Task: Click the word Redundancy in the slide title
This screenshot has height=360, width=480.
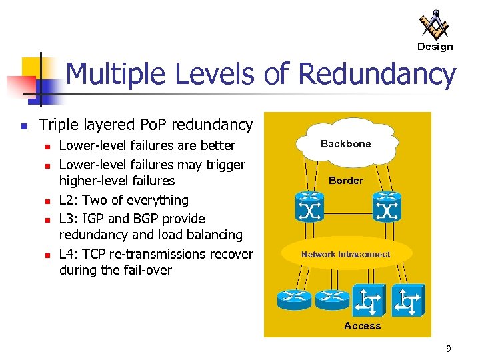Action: pos(377,75)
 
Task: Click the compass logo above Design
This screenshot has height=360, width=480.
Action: pos(434,25)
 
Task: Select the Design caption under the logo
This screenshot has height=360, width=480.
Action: pos(435,47)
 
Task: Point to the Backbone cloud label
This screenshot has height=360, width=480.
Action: pos(345,144)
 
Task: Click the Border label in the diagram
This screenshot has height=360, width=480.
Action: pos(346,181)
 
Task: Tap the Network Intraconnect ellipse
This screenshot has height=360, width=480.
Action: pos(346,254)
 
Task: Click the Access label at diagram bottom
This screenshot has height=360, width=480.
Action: pos(362,326)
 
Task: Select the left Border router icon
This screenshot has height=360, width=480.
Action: pos(309,207)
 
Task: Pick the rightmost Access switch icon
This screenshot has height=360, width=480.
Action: pos(407,301)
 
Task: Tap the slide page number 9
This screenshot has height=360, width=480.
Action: pos(449,348)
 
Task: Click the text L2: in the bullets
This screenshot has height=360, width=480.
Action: pos(69,200)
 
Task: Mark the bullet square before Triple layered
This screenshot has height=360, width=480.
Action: pos(24,125)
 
